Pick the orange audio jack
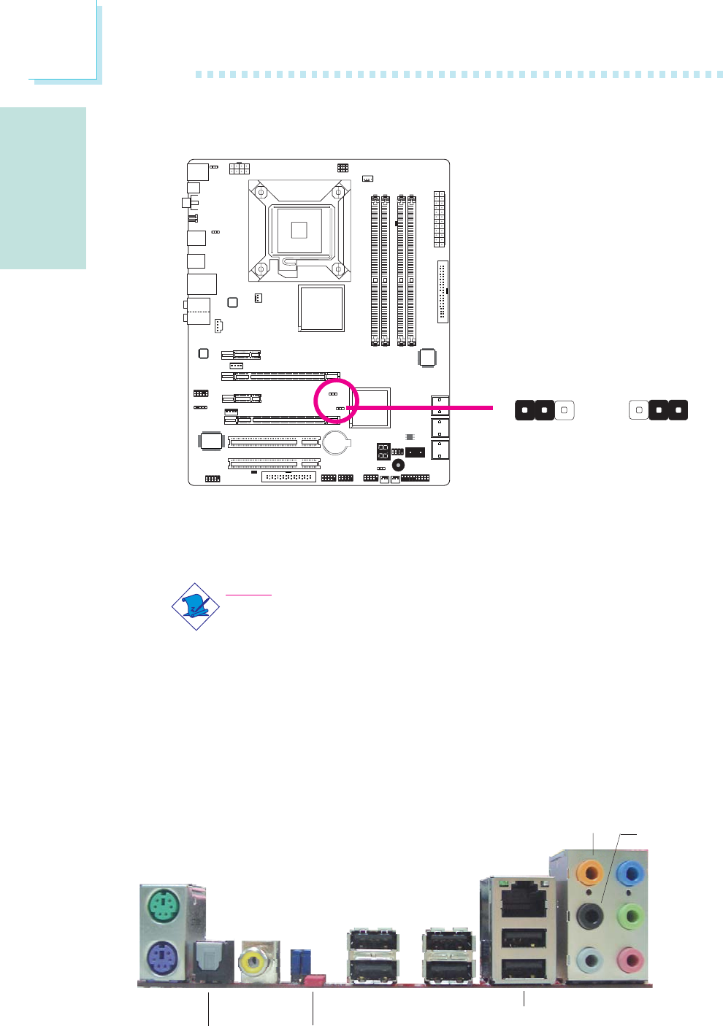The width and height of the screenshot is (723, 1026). (x=589, y=872)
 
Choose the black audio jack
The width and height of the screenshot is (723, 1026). (x=590, y=915)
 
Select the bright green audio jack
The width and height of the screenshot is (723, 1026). (x=630, y=915)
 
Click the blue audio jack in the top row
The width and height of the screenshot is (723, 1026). (x=630, y=872)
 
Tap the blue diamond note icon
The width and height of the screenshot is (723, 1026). (x=196, y=606)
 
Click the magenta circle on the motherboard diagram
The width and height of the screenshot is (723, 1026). (x=336, y=401)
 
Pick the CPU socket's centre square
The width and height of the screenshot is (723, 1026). (x=299, y=230)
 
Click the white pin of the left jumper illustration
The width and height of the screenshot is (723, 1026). (x=565, y=410)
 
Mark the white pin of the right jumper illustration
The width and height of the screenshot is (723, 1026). (x=639, y=410)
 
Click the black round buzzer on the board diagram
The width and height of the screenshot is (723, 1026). (x=399, y=465)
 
